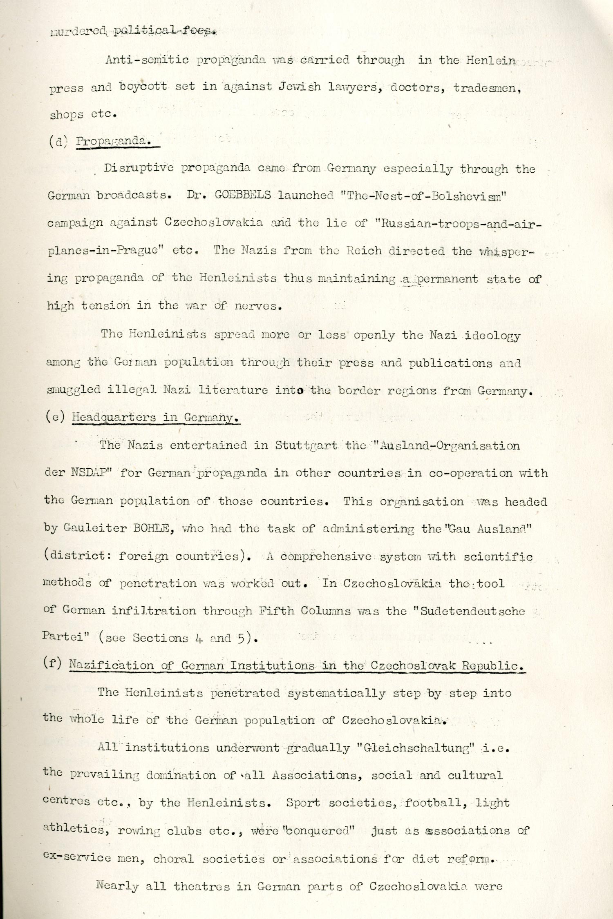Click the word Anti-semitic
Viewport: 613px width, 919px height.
147,60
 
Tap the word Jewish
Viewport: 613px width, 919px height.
300,87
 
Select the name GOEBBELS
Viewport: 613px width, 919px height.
243,195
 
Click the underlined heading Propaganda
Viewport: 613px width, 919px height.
113,141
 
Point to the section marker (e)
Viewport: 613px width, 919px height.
55,417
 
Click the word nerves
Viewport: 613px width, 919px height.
258,306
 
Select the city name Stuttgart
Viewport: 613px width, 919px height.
306,445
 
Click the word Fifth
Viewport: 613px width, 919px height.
276,611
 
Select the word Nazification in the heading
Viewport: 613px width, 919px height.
111,665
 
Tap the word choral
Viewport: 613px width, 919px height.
173,859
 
